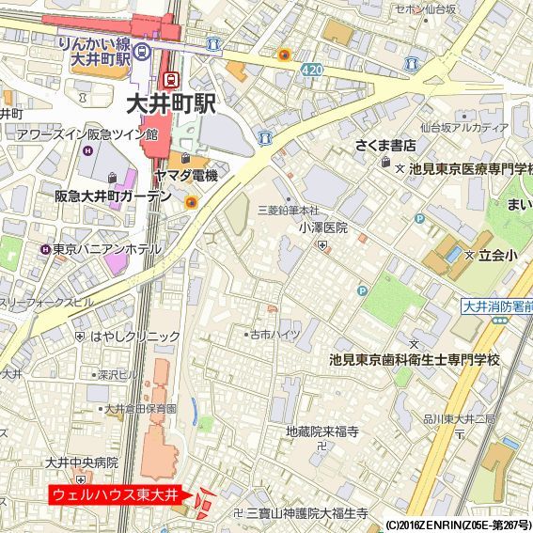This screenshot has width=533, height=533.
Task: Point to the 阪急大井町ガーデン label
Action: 113,196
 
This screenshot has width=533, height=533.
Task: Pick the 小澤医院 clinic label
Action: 323,227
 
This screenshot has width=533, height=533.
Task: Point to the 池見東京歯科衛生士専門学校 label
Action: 415,360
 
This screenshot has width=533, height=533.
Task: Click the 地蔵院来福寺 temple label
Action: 322,432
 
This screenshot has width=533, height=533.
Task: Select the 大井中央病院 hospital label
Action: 82,462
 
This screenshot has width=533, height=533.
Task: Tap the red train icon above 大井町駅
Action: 171,80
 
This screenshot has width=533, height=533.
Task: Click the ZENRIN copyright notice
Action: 457,525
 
